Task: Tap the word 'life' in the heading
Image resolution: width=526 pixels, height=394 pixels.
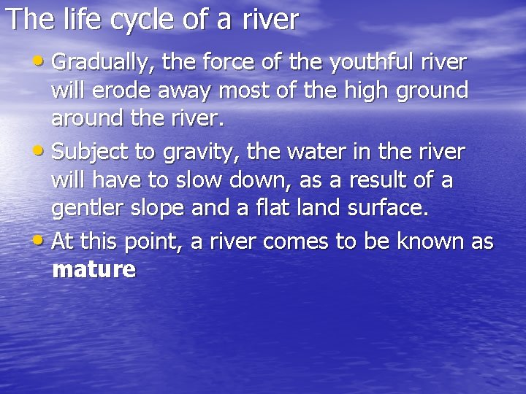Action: pyautogui.click(x=75, y=20)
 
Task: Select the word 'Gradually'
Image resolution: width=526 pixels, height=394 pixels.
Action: pyautogui.click(x=102, y=63)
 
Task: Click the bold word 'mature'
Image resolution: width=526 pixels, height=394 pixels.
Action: pyautogui.click(x=94, y=270)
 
